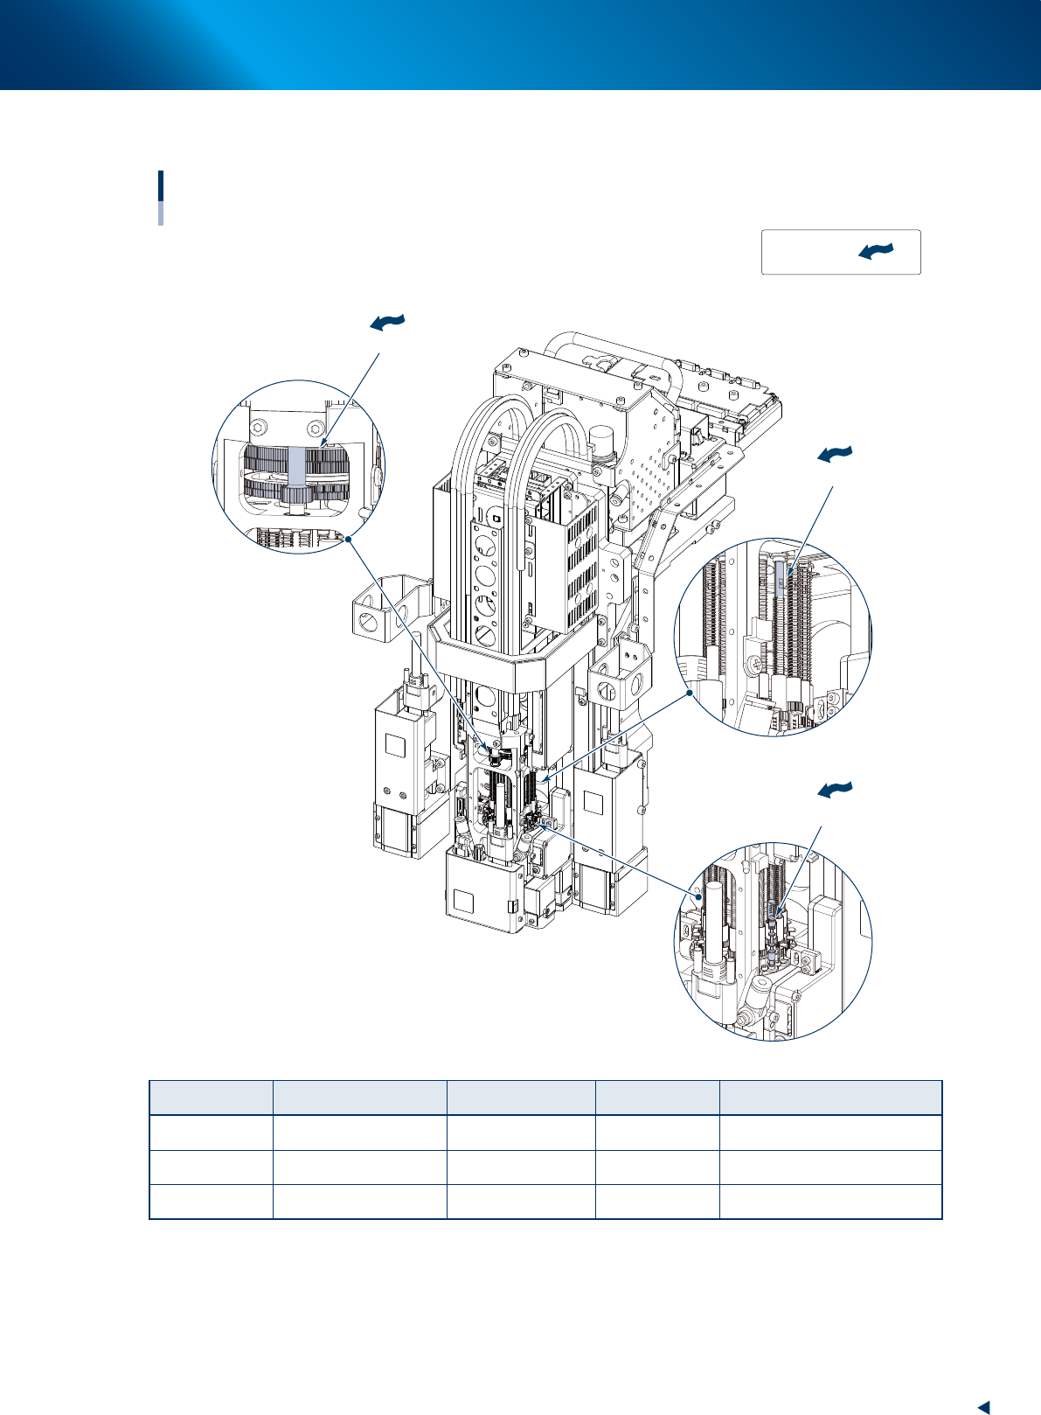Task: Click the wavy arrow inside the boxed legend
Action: coord(877,252)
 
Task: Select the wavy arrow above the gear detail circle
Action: coord(388,323)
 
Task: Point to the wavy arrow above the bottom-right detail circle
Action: coord(835,790)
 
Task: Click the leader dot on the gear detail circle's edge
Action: coord(348,539)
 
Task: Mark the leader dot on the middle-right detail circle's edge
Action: coord(691,693)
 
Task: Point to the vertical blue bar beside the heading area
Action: coord(161,197)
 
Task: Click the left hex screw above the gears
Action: coord(259,429)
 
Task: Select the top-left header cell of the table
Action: coord(211,1098)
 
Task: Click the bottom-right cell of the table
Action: coord(829,1202)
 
